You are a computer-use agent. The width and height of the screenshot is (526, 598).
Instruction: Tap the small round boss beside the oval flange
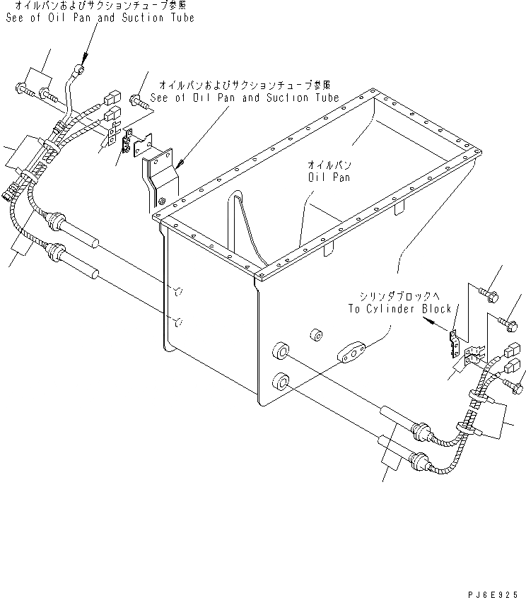coord(316,334)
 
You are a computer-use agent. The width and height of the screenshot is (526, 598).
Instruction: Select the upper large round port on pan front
coord(281,351)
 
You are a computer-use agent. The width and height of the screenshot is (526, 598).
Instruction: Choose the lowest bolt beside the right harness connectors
coord(515,385)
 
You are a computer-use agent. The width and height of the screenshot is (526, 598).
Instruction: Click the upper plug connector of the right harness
coord(514,350)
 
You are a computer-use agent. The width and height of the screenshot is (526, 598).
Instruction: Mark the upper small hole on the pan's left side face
coord(179,290)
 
